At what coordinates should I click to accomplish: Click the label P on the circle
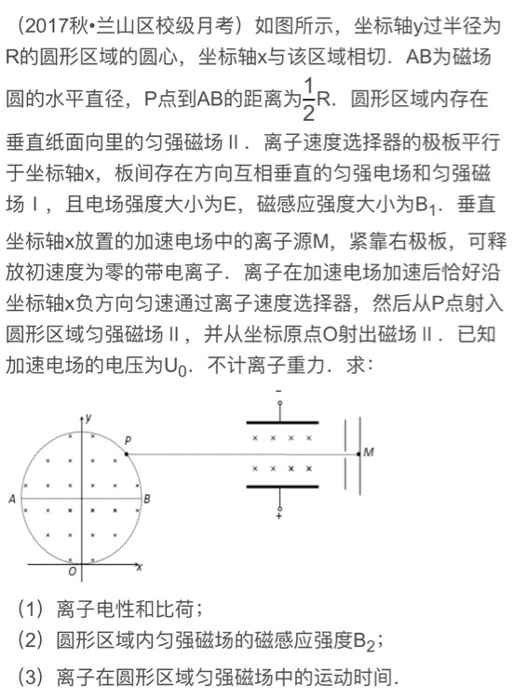[128, 438]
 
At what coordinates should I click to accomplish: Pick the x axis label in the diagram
[140, 566]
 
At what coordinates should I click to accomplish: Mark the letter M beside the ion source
[370, 453]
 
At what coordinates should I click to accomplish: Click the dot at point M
[358, 454]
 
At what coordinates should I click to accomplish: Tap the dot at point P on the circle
[125, 454]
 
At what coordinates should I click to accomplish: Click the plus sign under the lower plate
[278, 513]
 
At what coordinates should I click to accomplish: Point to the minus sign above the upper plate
[278, 390]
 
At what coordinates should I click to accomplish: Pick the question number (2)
[30, 641]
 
